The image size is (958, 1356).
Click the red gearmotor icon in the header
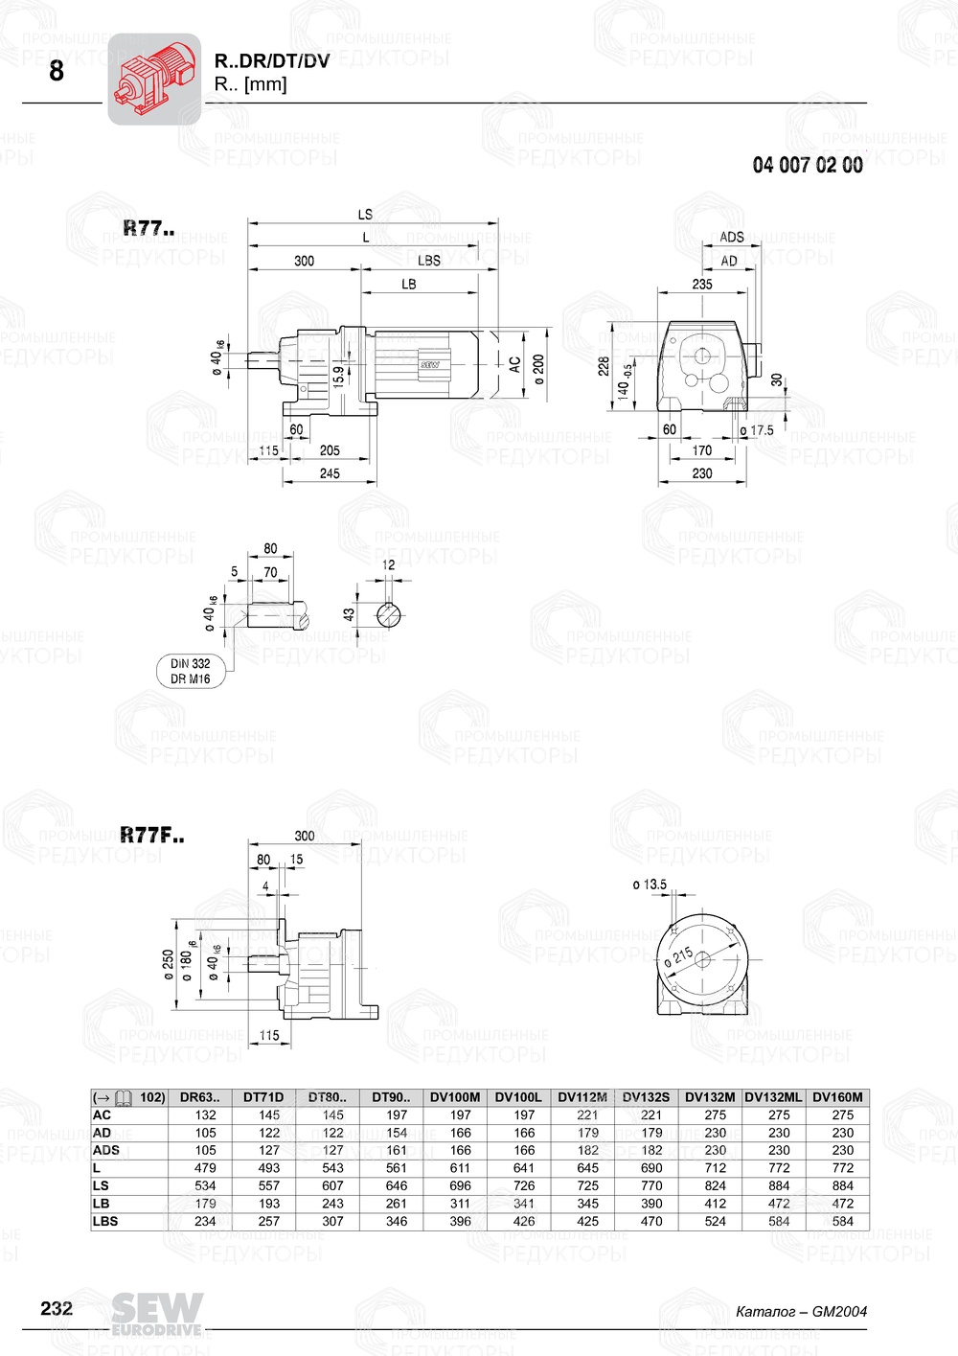pyautogui.click(x=153, y=79)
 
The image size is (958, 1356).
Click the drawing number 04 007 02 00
pyautogui.click(x=807, y=165)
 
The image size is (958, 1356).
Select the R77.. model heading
pyautogui.click(x=148, y=228)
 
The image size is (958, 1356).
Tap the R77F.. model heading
pyautogui.click(x=152, y=836)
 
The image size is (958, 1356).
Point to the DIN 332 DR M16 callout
pyautogui.click(x=190, y=671)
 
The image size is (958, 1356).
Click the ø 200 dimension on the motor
pyautogui.click(x=538, y=368)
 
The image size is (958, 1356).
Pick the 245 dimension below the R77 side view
pyautogui.click(x=330, y=472)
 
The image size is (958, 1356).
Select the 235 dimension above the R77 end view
pyautogui.click(x=702, y=284)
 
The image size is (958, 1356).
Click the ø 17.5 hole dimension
pyautogui.click(x=757, y=430)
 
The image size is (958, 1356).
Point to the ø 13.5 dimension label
pyautogui.click(x=650, y=885)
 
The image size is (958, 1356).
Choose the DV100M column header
pyautogui.click(x=455, y=1097)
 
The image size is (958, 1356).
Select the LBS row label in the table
pyautogui.click(x=105, y=1221)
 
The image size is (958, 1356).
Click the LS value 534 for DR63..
pyautogui.click(x=205, y=1185)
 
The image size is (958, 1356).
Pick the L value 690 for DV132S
pyautogui.click(x=651, y=1168)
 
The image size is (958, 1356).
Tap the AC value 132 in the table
pyautogui.click(x=205, y=1115)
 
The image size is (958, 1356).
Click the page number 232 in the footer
pyautogui.click(x=57, y=1308)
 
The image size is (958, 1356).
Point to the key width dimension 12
pyautogui.click(x=388, y=564)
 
